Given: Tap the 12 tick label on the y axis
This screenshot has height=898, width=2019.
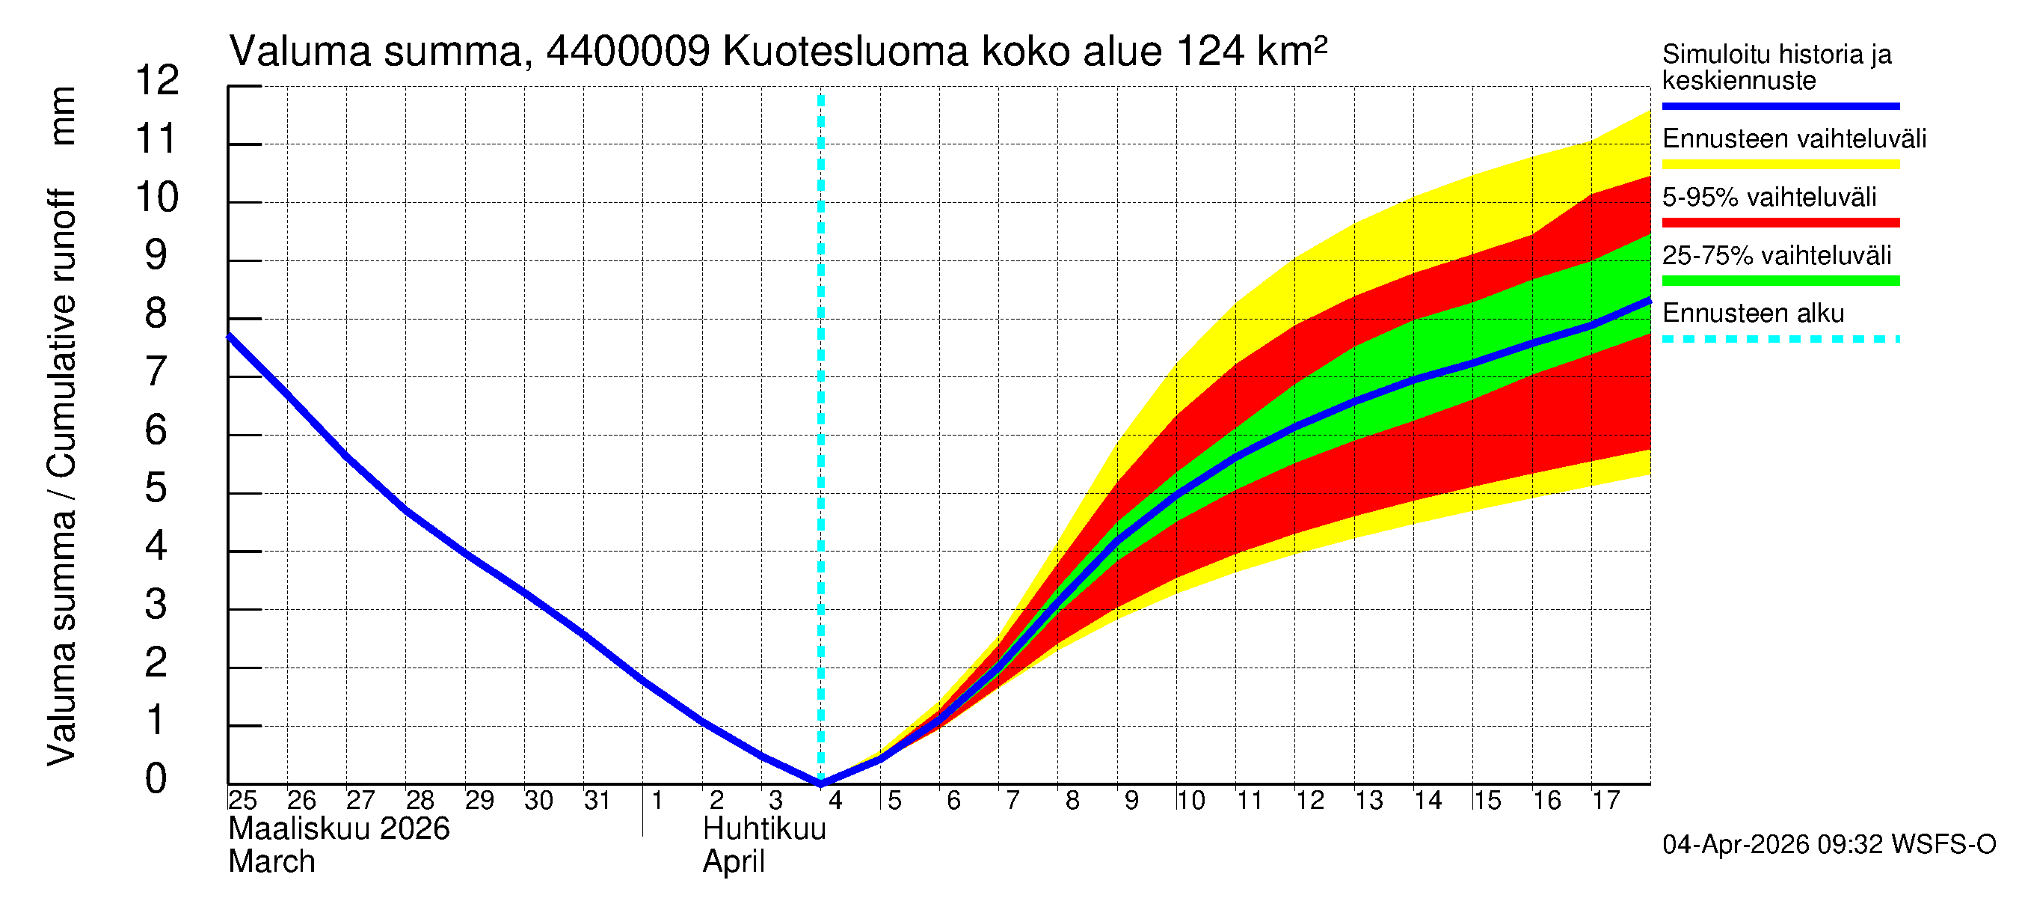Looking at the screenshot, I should coord(157,81).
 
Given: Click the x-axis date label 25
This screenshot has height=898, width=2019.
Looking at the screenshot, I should coord(242,801).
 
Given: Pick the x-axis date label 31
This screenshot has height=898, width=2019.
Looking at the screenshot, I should coord(597,801).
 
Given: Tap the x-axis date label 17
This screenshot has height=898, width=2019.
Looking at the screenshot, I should coord(1605,801).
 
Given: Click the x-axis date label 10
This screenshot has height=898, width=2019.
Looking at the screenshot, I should coord(1190,801).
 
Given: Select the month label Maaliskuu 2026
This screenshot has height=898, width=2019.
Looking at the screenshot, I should coord(339,829).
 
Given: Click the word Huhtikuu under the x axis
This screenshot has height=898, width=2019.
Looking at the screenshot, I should coord(764,829).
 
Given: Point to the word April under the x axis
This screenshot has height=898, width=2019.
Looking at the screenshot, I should coord(733,862).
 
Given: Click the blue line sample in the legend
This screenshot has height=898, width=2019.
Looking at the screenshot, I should coord(1780,106).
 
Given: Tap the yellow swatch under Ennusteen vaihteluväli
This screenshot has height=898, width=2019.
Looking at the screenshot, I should coord(1780,165).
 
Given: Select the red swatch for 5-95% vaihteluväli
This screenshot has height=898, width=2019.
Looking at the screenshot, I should coord(1780,223).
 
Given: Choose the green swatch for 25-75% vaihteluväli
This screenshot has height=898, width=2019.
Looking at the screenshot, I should coord(1780,281).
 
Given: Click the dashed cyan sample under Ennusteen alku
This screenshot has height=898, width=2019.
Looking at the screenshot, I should coord(1780,340).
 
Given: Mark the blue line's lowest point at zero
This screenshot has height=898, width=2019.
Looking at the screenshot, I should coord(820,783).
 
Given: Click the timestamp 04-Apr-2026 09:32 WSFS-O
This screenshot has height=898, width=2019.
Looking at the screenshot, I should coord(1828,845).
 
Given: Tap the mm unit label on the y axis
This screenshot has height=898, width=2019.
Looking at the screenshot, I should coord(63,116).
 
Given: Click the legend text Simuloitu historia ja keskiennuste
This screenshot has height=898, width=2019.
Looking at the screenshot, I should coord(1776,67).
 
